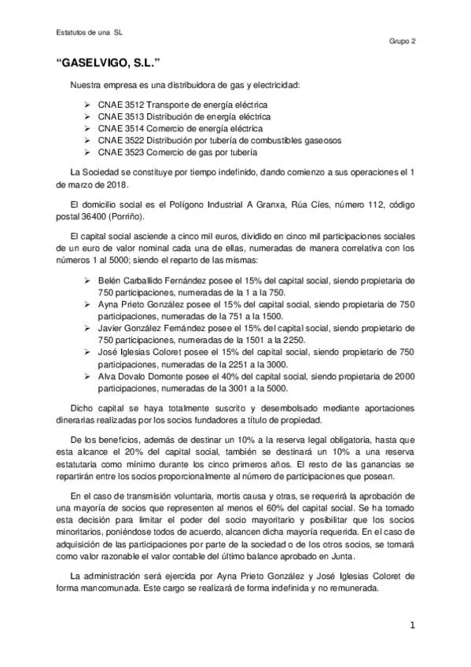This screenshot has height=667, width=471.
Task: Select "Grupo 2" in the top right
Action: click(x=403, y=42)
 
